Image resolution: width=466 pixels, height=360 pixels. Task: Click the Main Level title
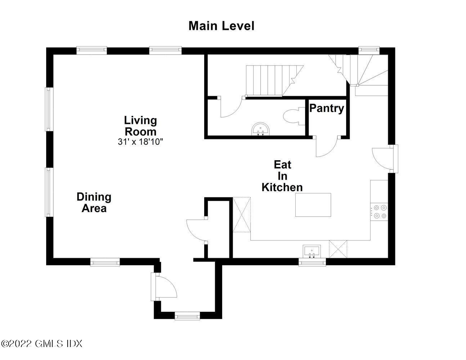tap(221, 26)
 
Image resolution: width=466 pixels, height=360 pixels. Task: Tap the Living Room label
tap(140, 126)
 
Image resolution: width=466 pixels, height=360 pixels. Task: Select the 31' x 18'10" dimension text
tap(140, 141)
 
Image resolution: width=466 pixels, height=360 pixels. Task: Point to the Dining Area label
tap(94, 202)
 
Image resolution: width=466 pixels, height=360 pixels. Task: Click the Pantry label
tap(326, 108)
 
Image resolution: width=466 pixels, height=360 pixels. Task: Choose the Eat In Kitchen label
tap(282, 176)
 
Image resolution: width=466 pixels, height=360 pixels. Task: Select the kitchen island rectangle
tap(313, 205)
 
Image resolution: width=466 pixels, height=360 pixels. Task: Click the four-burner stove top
tap(379, 212)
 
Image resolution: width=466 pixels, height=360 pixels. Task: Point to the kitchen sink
tap(312, 251)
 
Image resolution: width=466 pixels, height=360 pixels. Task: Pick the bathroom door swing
tap(231, 107)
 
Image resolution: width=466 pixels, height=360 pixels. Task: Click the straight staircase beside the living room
tap(274, 81)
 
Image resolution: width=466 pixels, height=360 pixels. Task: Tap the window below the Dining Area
tap(105, 262)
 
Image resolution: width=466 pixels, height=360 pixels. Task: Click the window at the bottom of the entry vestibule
tap(187, 316)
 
